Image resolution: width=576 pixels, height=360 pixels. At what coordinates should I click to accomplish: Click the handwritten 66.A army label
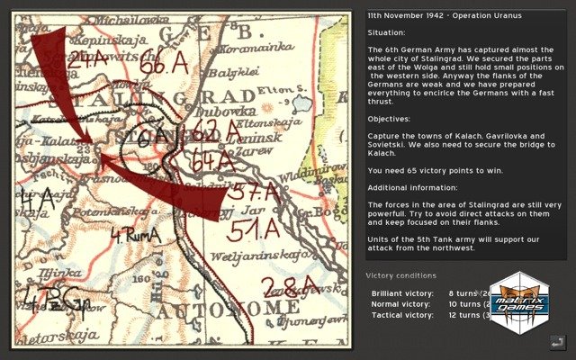tap(164, 65)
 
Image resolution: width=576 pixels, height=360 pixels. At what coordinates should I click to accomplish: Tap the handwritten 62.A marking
tap(217, 131)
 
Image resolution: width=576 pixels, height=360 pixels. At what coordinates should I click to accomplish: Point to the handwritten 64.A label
tap(213, 160)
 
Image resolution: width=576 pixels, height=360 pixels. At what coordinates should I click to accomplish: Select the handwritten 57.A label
tap(251, 192)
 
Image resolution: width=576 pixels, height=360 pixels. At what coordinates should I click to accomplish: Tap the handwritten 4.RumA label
tap(134, 236)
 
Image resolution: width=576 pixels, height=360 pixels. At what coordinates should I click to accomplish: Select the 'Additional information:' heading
tap(412, 187)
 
